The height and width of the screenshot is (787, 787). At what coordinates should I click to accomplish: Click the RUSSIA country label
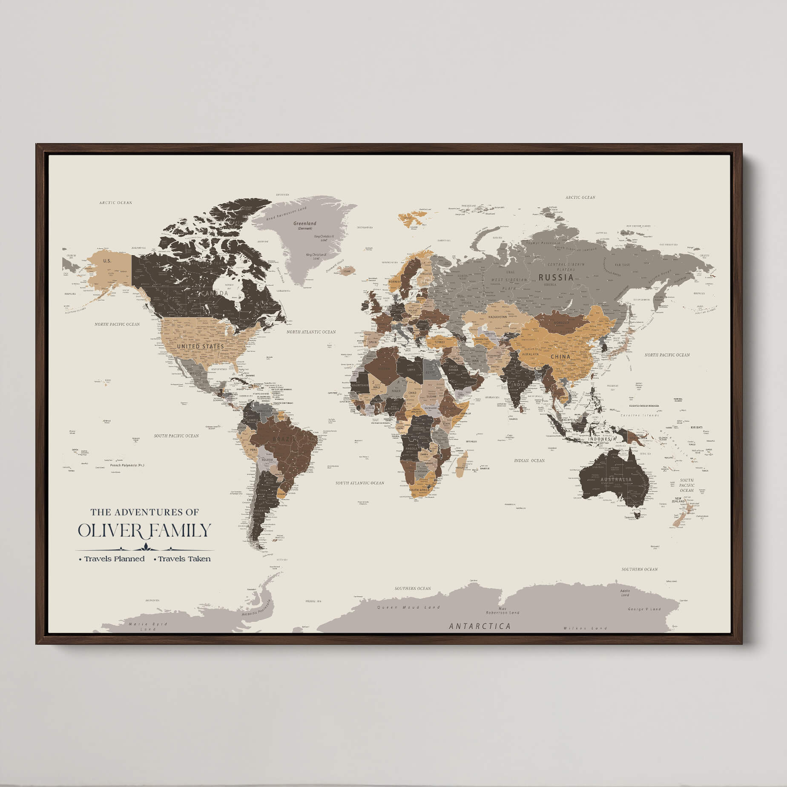point(556,277)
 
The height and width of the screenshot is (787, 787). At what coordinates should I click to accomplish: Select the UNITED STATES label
point(200,346)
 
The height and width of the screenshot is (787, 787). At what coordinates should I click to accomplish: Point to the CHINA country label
point(560,357)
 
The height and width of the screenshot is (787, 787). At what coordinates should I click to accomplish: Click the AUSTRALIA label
point(616,480)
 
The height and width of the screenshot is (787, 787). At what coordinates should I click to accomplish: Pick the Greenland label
point(305,224)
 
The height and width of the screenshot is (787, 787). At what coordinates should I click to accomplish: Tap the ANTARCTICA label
point(480,626)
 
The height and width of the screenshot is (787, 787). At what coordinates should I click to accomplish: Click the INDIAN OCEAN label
point(529,460)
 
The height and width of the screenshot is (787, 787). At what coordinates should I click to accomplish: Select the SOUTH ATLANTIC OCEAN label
point(359,483)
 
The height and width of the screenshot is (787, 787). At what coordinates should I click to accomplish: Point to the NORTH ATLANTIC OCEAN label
point(311,332)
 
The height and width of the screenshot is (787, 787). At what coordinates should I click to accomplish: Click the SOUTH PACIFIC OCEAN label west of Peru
point(176,436)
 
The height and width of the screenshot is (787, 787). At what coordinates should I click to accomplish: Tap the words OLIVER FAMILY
point(144,531)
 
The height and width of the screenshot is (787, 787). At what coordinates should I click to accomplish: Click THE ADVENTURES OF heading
point(144,512)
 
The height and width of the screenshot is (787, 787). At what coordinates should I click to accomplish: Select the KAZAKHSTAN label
point(497,317)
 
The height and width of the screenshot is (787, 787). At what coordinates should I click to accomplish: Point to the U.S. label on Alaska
point(107,261)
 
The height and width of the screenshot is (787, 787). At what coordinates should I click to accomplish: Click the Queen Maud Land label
point(408,607)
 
